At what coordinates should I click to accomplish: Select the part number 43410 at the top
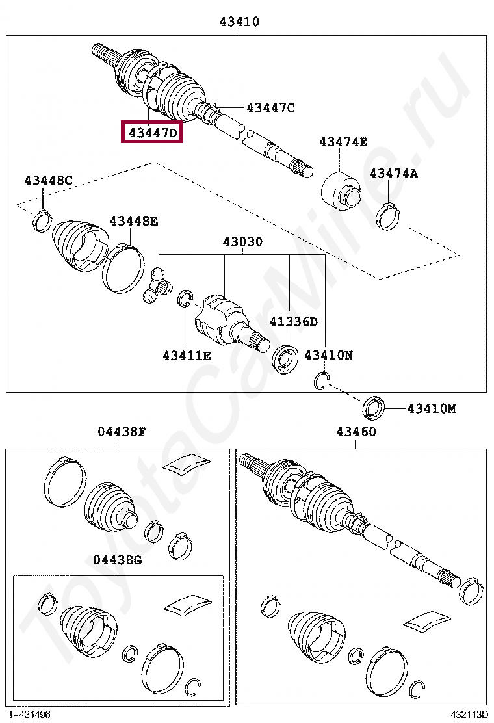[239, 21]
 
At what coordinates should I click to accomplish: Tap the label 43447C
[270, 108]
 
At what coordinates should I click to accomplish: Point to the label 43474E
[343, 142]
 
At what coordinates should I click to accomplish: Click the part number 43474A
[394, 174]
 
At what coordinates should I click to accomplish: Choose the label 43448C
[49, 180]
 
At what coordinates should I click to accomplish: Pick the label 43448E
[133, 222]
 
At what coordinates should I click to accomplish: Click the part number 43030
[242, 243]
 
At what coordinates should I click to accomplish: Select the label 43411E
[187, 356]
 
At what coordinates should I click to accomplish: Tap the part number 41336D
[294, 322]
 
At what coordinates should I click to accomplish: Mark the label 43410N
[329, 355]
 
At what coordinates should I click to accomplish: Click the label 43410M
[432, 409]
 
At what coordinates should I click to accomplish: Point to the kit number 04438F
[122, 431]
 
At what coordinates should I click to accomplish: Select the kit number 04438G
[117, 560]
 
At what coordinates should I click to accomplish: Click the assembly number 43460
[356, 431]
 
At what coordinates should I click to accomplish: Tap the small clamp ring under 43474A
[388, 215]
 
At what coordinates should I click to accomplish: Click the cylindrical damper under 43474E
[341, 191]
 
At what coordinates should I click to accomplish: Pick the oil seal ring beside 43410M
[374, 408]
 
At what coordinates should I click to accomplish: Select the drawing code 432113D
[466, 715]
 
